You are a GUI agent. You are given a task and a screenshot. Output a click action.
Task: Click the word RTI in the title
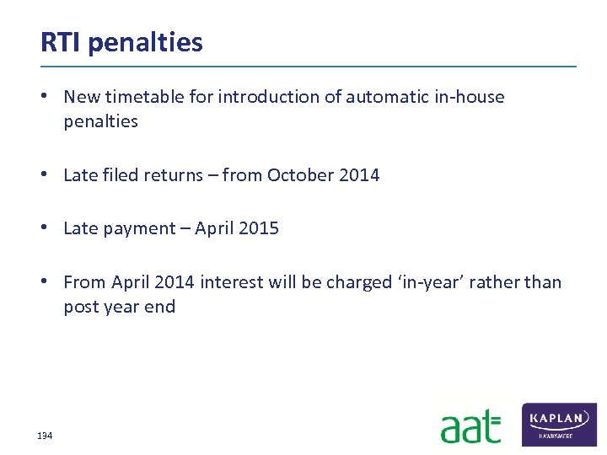[x=61, y=41]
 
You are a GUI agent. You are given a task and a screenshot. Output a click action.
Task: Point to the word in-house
[x=469, y=97]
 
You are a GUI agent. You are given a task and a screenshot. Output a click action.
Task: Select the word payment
[x=142, y=228]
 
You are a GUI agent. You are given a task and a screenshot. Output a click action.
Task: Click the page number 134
[x=45, y=436]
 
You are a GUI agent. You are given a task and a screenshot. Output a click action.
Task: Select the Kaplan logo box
[x=559, y=424]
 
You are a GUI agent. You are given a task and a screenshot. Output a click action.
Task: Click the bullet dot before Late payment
[x=51, y=228]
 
